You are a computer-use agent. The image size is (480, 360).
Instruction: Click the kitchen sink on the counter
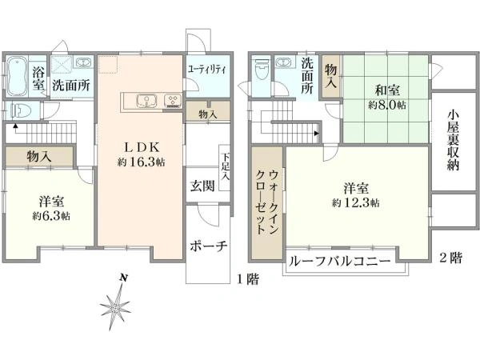click(x=146, y=101)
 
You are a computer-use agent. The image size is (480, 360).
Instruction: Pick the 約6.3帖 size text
click(x=50, y=216)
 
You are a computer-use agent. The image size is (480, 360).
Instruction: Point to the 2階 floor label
click(x=450, y=258)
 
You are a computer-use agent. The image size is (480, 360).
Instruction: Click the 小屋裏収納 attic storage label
click(x=454, y=142)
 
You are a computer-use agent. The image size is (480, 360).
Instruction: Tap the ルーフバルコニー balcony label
click(x=340, y=262)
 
